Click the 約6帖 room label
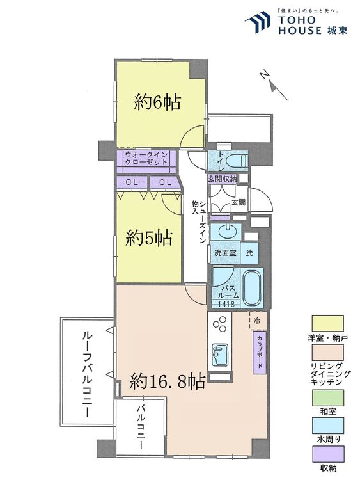[157, 102]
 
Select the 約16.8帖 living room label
[167, 382]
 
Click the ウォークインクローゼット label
[146, 158]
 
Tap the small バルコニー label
[141, 426]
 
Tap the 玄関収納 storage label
[222, 179]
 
